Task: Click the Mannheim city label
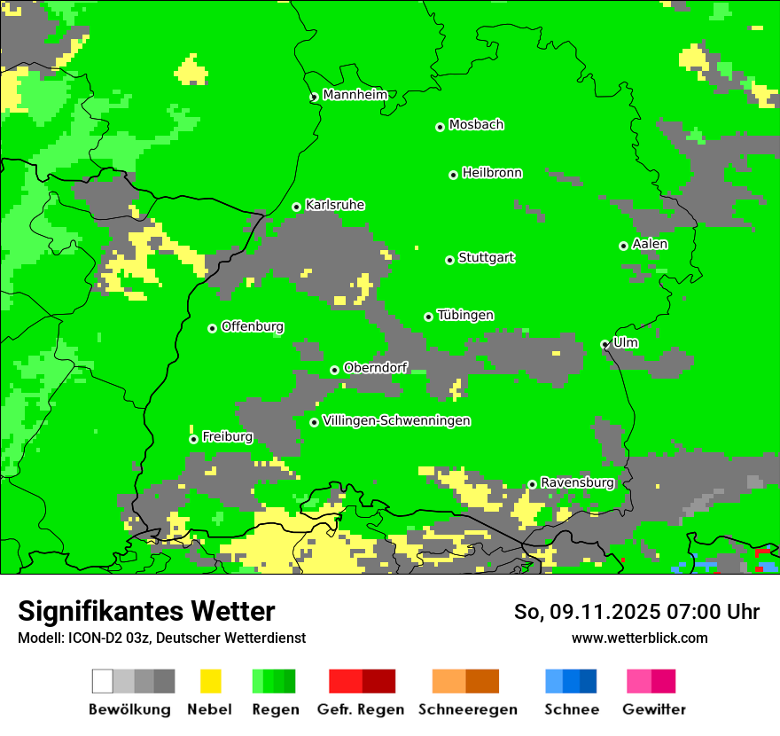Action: [x=355, y=95]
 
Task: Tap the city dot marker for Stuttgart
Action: [x=449, y=260]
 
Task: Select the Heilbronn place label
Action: [x=492, y=173]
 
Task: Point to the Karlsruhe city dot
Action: [x=297, y=207]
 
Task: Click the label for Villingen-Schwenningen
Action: [x=396, y=420]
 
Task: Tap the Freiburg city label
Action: [x=227, y=436]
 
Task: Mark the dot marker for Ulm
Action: [x=604, y=344]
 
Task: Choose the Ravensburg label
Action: [x=577, y=482]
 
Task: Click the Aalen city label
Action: [x=650, y=244]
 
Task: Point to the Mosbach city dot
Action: [x=440, y=127]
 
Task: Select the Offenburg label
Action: [x=253, y=326]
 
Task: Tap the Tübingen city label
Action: [x=465, y=315]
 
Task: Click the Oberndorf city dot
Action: [x=334, y=370]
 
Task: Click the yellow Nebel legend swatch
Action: [x=210, y=681]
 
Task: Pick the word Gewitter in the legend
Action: [x=654, y=709]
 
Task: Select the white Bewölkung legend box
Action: [x=103, y=681]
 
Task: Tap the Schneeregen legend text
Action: [x=468, y=709]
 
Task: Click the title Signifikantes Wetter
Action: [x=146, y=611]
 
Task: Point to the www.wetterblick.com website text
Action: [x=640, y=638]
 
